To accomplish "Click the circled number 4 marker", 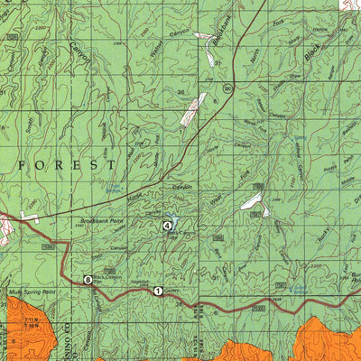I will (167, 225).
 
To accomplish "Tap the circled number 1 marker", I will (158, 291).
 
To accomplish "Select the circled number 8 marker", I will (88, 281).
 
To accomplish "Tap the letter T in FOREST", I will (111, 167).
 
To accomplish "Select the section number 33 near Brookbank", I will (218, 62).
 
